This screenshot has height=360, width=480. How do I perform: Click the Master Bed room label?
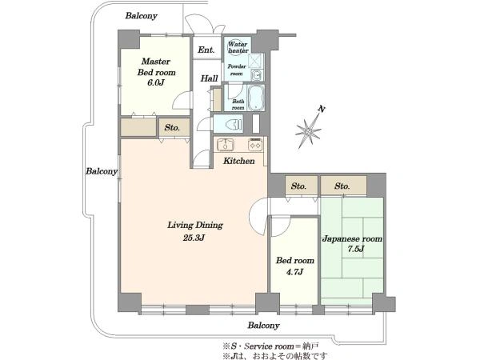156,67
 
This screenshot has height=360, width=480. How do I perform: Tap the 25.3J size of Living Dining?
194,238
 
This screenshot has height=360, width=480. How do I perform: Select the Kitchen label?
238,161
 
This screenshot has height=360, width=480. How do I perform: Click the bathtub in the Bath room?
256,98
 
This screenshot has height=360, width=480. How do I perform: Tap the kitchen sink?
226,145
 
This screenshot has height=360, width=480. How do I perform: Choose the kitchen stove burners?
255,145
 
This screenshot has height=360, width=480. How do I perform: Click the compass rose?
308,132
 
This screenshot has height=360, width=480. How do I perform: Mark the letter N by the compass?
321,109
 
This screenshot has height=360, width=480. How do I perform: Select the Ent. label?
206,50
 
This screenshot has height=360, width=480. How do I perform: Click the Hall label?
210,78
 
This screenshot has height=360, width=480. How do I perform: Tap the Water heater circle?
238,47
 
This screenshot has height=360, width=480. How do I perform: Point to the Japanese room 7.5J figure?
355,249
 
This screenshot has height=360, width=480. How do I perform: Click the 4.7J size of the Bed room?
294,271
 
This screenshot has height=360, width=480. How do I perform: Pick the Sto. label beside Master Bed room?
172,128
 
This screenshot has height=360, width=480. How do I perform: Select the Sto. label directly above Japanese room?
342,186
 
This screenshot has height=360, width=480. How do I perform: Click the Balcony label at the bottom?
263,325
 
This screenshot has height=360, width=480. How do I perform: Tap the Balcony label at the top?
141,16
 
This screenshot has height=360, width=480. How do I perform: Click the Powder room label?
237,70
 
